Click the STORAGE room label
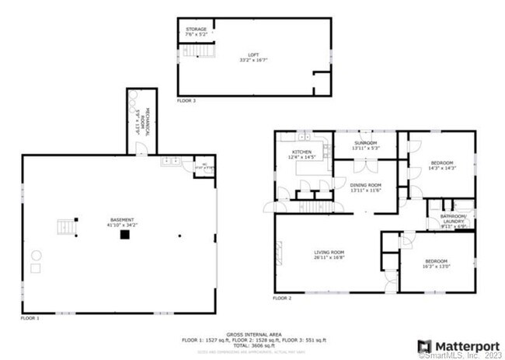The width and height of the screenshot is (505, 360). click(196, 30)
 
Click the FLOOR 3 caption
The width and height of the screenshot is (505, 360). click(186, 101)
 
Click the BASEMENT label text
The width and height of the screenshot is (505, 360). click(123, 220)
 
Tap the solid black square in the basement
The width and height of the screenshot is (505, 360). click(124, 236)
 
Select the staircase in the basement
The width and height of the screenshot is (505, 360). click(68, 227)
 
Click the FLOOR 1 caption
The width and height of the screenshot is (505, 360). click(30, 318)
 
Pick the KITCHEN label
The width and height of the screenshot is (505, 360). click(301, 152)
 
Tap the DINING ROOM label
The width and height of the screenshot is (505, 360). click(364, 186)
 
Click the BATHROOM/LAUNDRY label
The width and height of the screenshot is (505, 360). click(453, 218)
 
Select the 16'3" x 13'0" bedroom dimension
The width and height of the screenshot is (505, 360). click(436, 267)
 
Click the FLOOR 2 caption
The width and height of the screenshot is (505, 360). click(282, 299)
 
